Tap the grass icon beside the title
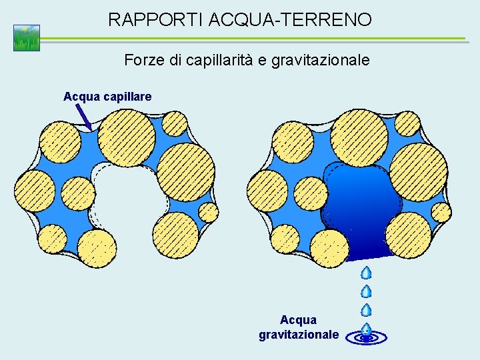point(27,38)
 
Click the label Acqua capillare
point(107,97)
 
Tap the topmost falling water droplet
point(366,273)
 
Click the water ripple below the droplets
point(366,337)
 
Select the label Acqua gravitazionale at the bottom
point(299,327)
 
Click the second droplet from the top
point(366,291)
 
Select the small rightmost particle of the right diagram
point(441,213)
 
